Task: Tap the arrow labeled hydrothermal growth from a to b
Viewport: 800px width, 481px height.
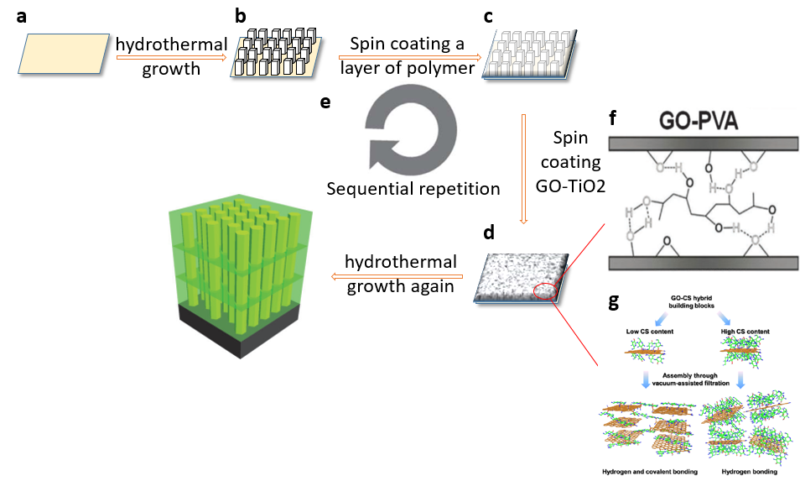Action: click(171, 57)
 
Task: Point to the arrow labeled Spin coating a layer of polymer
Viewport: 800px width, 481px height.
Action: click(411, 57)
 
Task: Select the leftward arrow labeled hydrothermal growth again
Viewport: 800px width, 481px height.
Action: click(395, 275)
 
